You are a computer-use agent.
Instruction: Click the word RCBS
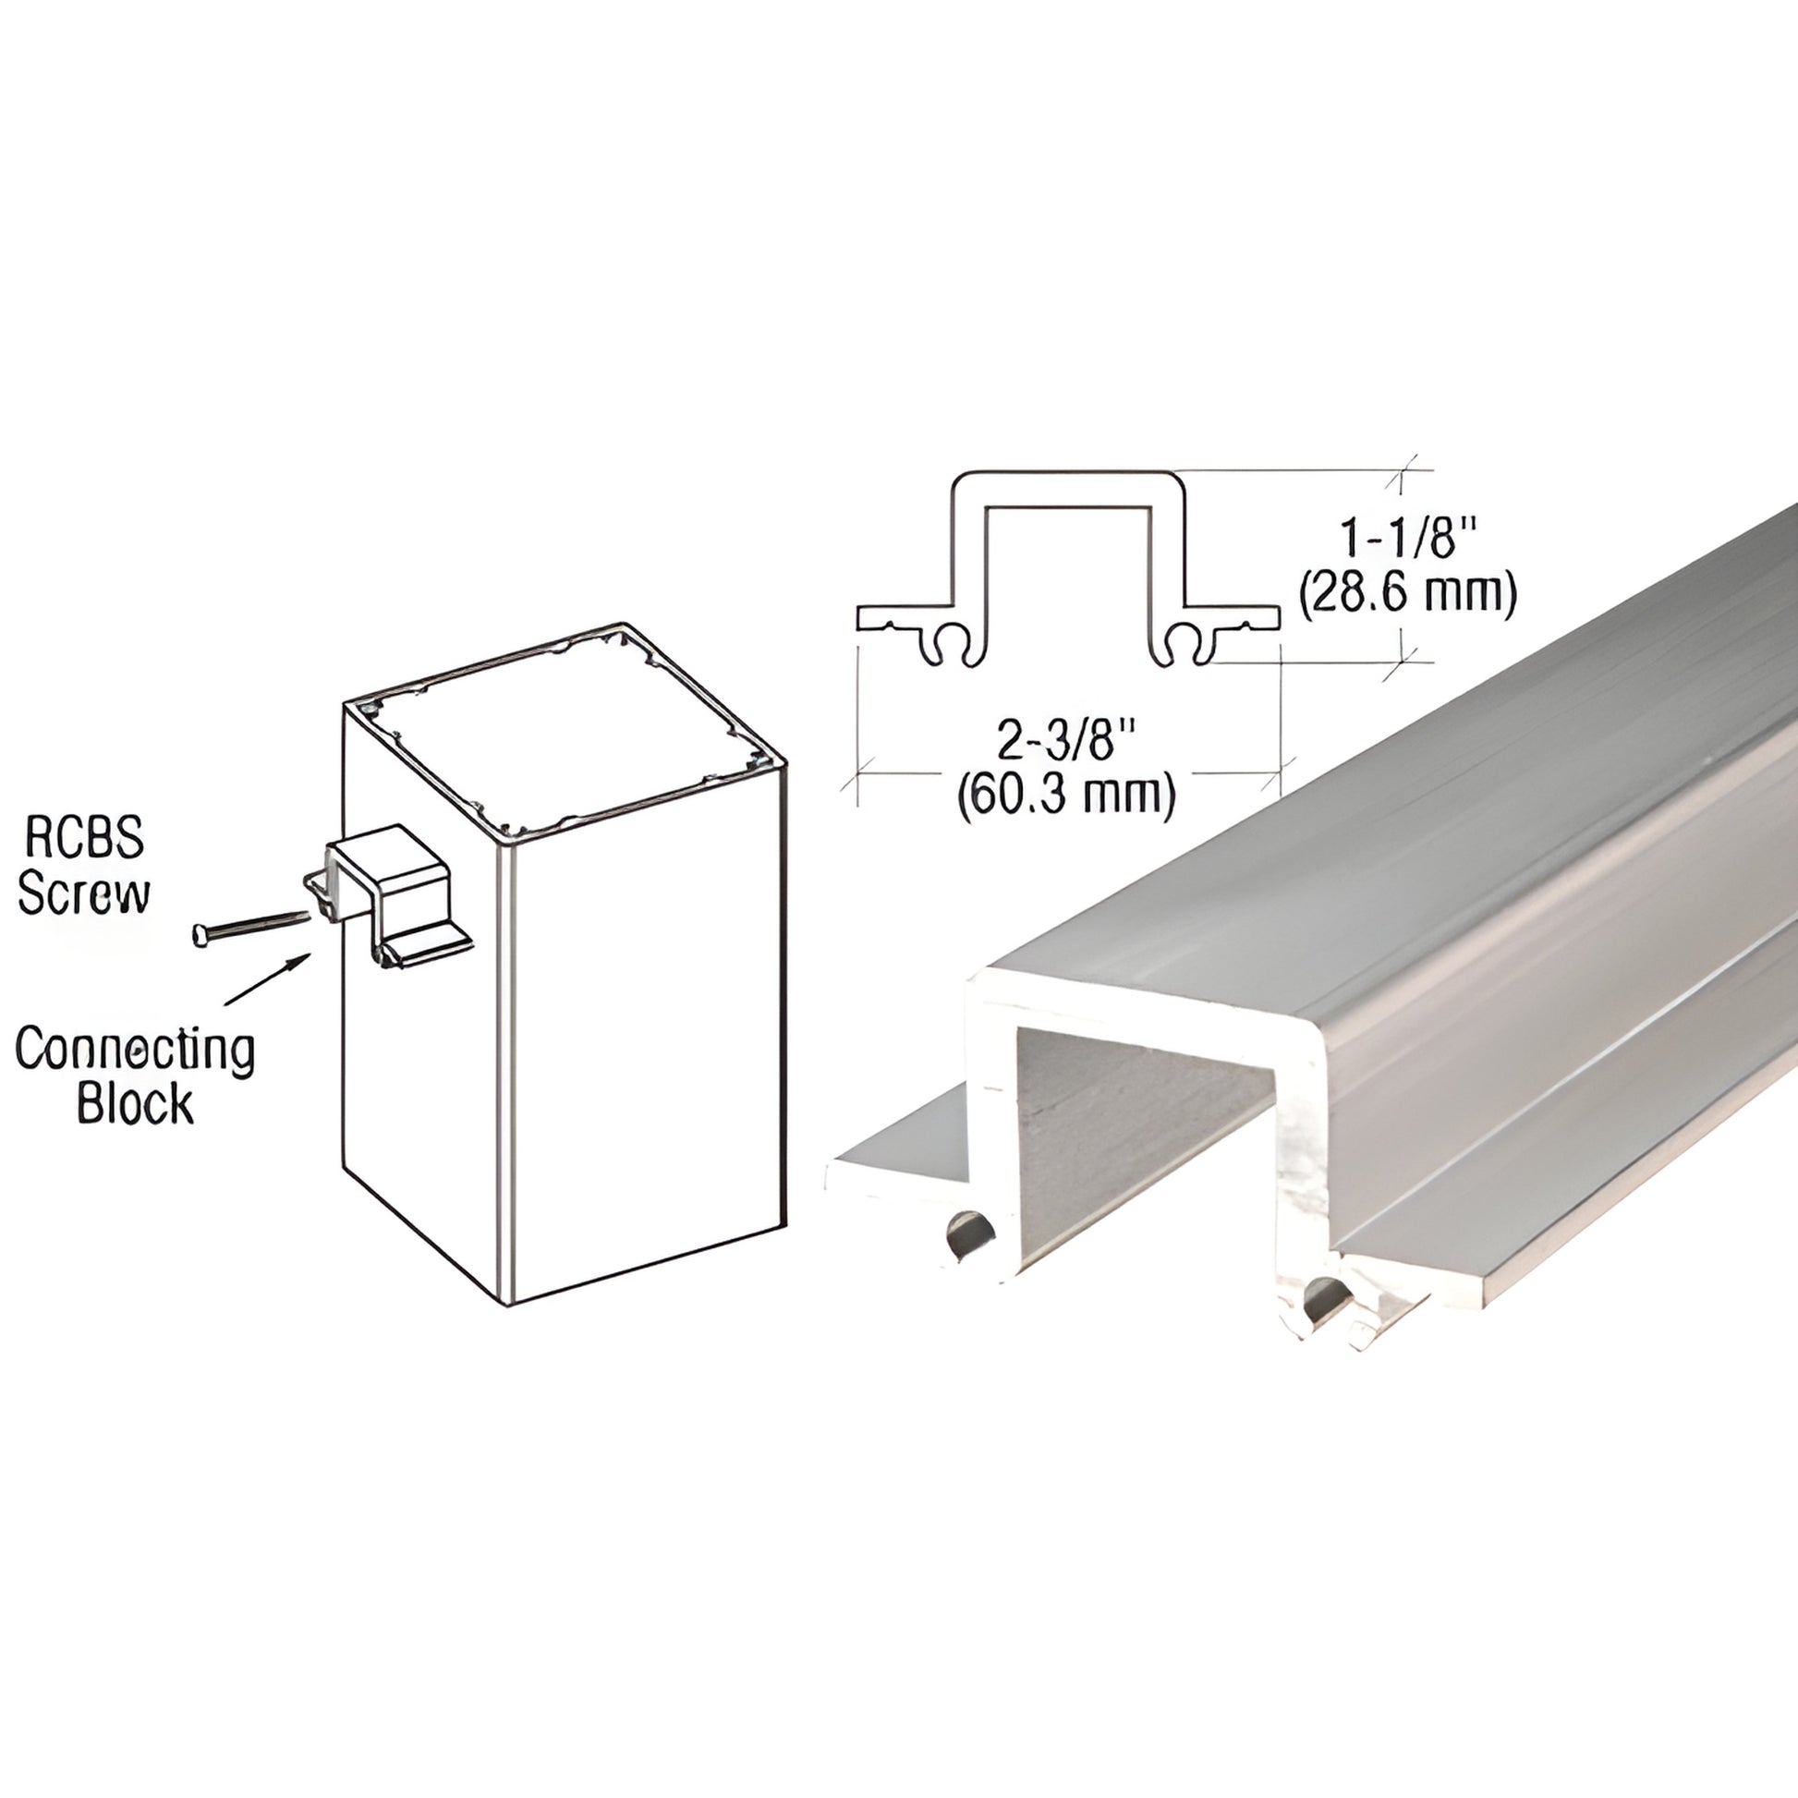coord(84,837)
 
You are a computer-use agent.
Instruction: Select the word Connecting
coord(135,1049)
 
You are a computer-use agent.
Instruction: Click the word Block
coord(135,1104)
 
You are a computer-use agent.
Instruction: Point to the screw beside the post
coord(249,926)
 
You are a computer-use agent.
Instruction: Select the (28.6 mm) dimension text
coord(1407,593)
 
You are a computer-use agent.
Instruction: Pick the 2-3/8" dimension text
coord(1067,742)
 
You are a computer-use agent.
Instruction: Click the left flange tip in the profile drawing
coord(864,617)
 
